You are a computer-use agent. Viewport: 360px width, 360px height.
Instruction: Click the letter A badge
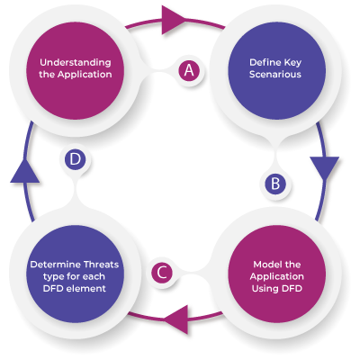pyautogui.click(x=189, y=70)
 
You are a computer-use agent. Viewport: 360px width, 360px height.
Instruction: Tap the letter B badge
pyautogui.click(x=275, y=184)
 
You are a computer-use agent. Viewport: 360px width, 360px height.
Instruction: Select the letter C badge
pyautogui.click(x=162, y=273)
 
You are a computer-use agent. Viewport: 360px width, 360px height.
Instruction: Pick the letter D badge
pyautogui.click(x=75, y=159)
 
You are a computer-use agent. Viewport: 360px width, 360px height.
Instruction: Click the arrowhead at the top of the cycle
pyautogui.click(x=174, y=20)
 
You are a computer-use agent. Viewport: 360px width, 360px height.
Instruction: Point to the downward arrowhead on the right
pyautogui.click(x=325, y=168)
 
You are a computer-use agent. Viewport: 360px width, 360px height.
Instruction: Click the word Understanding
pyautogui.click(x=76, y=63)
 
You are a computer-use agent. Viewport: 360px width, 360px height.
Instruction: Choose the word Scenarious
pyautogui.click(x=275, y=75)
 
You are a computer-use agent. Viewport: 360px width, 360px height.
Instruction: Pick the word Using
pyautogui.click(x=263, y=289)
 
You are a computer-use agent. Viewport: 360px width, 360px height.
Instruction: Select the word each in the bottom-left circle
pyautogui.click(x=94, y=276)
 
